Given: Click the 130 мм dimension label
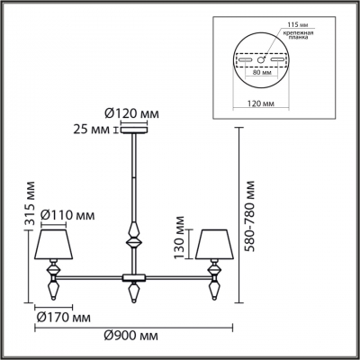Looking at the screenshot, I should point(181,240).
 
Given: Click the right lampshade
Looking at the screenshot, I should point(215,242).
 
